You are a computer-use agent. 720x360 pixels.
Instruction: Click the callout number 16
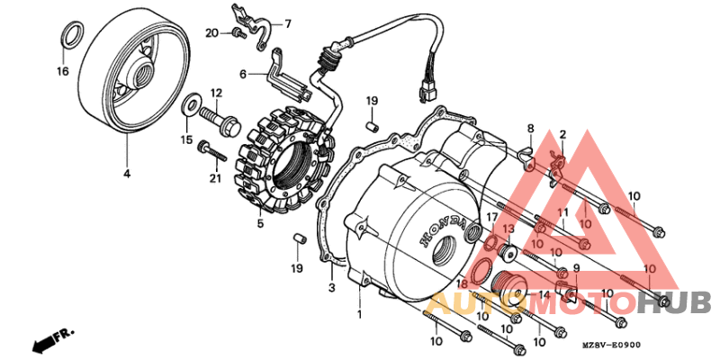coord(63,71)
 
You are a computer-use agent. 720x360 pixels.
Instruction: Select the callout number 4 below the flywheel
coord(127,173)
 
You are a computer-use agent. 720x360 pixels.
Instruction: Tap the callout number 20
coord(211,33)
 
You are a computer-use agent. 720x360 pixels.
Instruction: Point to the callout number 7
coord(288,24)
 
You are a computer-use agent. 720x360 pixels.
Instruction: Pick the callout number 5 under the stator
coord(259,224)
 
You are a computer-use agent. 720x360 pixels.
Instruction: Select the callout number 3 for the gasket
coord(331,287)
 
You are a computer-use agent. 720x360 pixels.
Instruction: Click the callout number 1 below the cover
coord(359,315)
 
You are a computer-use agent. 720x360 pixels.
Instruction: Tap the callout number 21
coord(214,178)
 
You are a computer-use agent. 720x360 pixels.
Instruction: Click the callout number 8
coord(531,129)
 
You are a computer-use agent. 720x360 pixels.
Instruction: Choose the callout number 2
coord(562,136)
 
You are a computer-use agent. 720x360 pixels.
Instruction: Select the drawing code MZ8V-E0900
coord(609,346)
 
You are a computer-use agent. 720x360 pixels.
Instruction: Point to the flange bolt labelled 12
coord(212,117)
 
